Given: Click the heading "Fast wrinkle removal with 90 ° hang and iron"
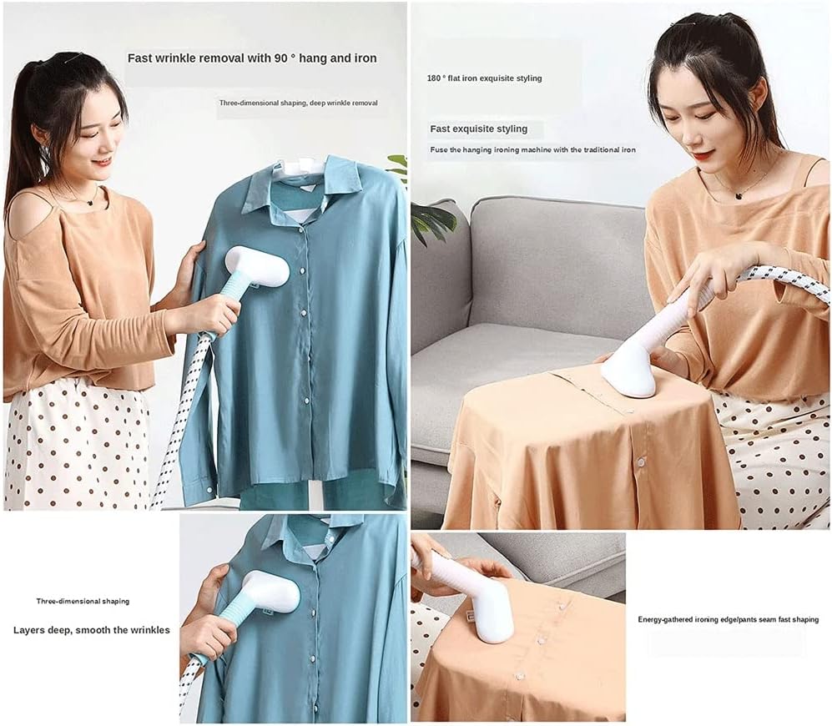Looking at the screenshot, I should (x=251, y=58).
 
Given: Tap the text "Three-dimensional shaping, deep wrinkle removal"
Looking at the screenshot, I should (x=298, y=103).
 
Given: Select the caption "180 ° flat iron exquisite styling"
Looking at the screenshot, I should (x=484, y=78).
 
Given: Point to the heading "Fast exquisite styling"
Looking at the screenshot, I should (x=479, y=129).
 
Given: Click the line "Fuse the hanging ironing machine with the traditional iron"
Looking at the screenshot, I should (x=532, y=150).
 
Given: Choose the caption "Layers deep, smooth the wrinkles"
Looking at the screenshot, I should (x=91, y=630).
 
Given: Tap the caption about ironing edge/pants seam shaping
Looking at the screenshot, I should (x=728, y=620).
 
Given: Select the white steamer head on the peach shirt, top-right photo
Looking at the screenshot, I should (x=631, y=368).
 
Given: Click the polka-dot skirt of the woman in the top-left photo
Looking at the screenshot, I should (x=71, y=451).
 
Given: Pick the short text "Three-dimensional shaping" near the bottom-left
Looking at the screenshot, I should (x=83, y=601).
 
